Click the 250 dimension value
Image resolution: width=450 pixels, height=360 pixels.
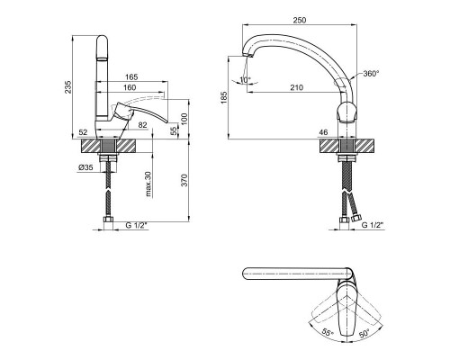point(300,20)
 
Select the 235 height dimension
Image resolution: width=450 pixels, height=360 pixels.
point(68,86)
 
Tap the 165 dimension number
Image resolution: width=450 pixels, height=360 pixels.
point(131,77)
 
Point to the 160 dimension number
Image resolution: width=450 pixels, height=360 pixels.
point(130,87)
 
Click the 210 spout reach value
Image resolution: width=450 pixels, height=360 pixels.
point(297,87)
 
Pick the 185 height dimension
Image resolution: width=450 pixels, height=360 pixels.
point(224,97)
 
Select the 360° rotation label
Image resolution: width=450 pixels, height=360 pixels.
point(371,74)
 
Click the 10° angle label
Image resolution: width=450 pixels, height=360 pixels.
point(245,80)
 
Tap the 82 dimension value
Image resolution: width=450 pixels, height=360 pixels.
point(143,125)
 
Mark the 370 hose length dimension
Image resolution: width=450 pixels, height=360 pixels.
point(184,180)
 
